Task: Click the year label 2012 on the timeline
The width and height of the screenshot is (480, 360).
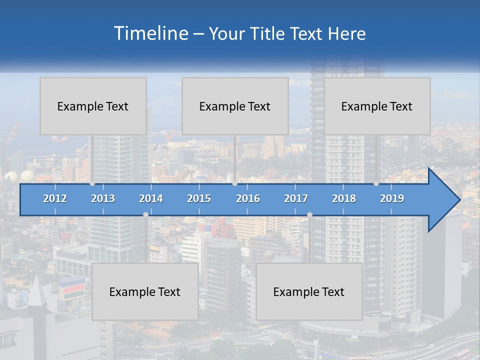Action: [55, 198]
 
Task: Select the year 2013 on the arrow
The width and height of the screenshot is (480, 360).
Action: [103, 198]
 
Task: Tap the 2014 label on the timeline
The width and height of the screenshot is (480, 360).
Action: [151, 198]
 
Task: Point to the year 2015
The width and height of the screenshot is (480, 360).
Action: [199, 198]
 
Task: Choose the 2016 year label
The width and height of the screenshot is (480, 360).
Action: [248, 198]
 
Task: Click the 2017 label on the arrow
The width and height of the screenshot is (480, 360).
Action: [296, 198]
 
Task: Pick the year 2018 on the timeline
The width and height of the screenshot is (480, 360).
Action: [344, 198]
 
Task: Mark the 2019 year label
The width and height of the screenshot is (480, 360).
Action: [392, 198]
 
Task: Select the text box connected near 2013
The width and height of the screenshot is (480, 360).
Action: [93, 106]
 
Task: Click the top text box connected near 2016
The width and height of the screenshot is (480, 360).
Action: [235, 106]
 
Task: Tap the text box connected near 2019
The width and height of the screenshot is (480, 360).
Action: [377, 106]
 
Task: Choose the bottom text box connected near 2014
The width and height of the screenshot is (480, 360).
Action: [145, 291]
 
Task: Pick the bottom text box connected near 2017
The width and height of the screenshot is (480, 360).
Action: [309, 291]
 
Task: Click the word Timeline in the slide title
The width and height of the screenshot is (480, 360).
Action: [150, 33]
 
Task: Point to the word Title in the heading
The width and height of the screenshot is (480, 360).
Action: [270, 34]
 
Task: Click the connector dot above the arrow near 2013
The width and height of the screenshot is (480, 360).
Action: [92, 183]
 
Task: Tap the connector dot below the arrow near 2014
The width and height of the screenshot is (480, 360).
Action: [145, 215]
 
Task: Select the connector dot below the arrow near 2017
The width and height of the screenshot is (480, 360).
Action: [309, 215]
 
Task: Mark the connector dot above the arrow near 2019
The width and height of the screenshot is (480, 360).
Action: [376, 183]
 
